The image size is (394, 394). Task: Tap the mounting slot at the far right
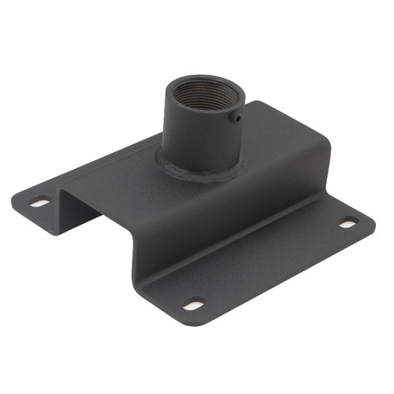point(348,223)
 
